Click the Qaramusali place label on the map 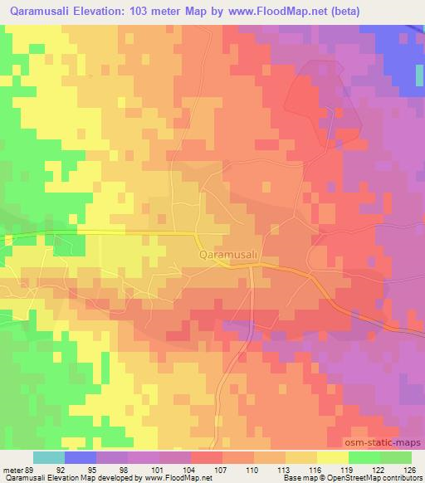[231, 256]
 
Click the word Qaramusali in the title [43, 11]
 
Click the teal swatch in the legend [49, 456]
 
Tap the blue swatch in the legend [81, 456]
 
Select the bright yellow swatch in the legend [332, 456]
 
